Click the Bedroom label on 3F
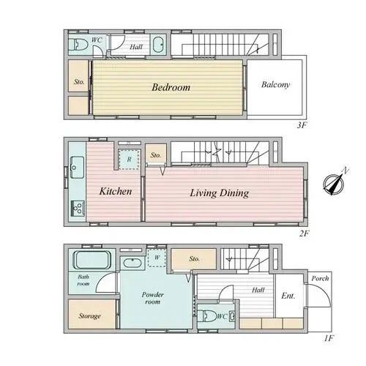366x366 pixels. click(171, 87)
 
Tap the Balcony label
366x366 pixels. click(275, 85)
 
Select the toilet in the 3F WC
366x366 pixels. click(78, 45)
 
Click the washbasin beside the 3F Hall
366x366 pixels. click(158, 45)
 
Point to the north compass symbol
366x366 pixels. click(335, 182)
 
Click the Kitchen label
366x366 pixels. click(116, 191)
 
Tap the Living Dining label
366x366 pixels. click(220, 193)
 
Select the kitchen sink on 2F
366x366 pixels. click(77, 167)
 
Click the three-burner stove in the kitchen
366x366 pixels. click(78, 208)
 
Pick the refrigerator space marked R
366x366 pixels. click(129, 160)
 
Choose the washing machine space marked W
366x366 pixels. click(157, 258)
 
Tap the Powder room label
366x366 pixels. click(152, 298)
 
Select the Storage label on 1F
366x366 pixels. click(89, 316)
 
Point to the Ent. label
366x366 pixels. click(288, 296)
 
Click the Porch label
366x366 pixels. click(320, 278)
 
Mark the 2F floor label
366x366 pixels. click(304, 234)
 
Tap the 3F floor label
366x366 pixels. click(302, 125)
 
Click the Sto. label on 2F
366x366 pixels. click(156, 155)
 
